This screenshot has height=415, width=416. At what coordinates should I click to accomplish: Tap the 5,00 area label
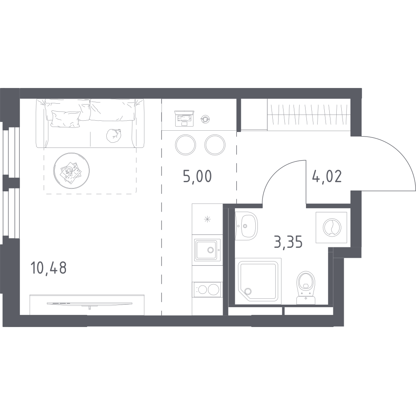pyautogui.click(x=197, y=176)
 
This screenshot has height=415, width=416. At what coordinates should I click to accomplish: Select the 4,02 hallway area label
pyautogui.click(x=327, y=176)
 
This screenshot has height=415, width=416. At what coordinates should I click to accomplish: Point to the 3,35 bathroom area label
pyautogui.click(x=288, y=242)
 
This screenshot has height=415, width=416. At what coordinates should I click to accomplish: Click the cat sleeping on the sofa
pyautogui.click(x=114, y=135)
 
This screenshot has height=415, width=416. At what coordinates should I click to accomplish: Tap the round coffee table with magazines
pyautogui.click(x=71, y=171)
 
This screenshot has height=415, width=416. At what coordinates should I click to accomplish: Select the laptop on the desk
pyautogui.click(x=184, y=118)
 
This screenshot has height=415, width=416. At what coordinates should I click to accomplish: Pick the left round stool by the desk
pyautogui.click(x=186, y=145)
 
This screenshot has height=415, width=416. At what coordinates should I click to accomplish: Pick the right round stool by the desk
pyautogui.click(x=215, y=145)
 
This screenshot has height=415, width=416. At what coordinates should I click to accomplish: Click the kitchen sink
pyautogui.click(x=207, y=250)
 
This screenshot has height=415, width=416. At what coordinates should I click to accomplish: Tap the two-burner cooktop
pyautogui.click(x=207, y=289)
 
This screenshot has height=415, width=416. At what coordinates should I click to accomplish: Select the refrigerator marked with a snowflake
pyautogui.click(x=207, y=219)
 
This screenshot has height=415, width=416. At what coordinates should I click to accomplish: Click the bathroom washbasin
pyautogui.click(x=246, y=226)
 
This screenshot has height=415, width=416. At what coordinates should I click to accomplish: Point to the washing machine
pyautogui.click(x=331, y=227)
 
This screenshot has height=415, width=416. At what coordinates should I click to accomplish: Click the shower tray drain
pyautogui.click(x=248, y=291)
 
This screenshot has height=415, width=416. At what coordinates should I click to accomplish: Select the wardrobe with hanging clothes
pyautogui.click(x=309, y=115)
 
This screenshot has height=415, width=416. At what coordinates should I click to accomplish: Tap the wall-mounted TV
pyautogui.click(x=90, y=303)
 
